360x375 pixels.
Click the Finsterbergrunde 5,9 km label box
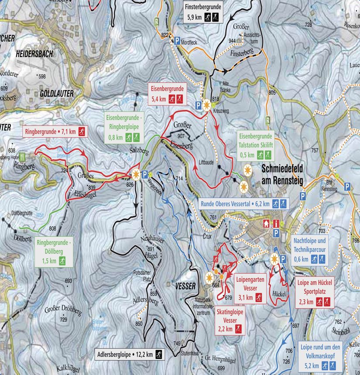(203, 13)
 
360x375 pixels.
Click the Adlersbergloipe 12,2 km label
(129, 354)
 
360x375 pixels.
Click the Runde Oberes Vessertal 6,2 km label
(244, 203)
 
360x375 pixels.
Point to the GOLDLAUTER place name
(57, 93)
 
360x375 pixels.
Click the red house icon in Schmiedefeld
(265, 224)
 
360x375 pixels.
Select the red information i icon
(276, 224)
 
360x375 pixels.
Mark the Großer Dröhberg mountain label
(63, 311)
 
